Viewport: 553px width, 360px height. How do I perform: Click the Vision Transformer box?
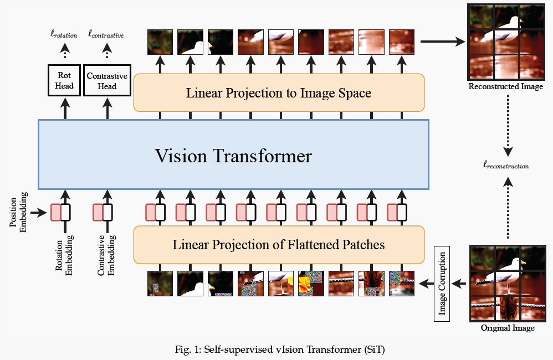233,155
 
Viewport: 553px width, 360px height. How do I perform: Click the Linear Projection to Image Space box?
279,92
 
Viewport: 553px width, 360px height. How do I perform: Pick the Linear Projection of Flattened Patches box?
279,244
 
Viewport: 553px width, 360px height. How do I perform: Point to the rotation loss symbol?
64,35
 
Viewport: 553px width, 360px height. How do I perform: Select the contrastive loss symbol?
106,35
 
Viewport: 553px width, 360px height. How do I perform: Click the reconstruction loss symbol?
506,166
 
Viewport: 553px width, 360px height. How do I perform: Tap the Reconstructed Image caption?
505,87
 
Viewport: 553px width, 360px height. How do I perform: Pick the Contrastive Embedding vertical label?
106,255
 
